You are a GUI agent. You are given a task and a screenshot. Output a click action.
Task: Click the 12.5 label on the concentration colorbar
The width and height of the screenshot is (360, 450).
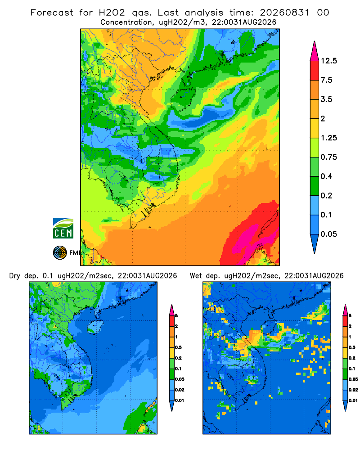point(328,61)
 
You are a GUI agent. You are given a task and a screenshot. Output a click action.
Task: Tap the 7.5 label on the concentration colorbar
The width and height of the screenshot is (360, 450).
point(326,80)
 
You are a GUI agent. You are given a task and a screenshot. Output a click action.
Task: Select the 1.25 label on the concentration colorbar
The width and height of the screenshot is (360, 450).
point(328,138)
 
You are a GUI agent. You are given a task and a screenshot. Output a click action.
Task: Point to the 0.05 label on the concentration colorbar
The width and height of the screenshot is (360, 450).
point(328,234)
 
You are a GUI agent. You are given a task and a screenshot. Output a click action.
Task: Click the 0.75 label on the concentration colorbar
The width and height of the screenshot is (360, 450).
point(328,157)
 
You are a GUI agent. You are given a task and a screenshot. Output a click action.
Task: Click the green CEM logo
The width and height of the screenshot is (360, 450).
point(63,228)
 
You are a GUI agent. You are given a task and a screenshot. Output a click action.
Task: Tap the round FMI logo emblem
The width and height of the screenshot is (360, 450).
point(60,253)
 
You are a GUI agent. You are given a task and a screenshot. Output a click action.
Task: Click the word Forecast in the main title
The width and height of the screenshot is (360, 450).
point(52,13)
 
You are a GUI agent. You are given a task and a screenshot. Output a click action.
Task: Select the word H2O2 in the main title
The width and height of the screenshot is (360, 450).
point(112,13)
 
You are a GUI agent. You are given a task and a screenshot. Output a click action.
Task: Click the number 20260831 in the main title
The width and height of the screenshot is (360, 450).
point(284,13)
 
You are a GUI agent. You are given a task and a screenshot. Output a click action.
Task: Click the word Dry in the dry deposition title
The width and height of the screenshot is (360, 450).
point(15,276)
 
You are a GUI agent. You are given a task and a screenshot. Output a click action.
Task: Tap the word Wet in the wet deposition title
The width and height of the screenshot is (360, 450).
point(196,276)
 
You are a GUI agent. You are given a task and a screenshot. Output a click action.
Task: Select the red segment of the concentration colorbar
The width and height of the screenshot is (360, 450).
point(315,71)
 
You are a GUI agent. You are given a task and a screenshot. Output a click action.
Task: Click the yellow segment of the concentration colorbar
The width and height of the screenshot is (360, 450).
point(315,128)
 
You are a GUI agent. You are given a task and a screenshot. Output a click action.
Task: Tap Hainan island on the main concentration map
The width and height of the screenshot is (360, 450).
point(183,98)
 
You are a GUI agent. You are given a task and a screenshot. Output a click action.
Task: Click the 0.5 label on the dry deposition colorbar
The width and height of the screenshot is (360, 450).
point(178,347)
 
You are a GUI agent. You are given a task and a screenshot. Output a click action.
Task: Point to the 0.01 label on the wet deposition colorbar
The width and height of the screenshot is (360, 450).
point(353,400)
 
